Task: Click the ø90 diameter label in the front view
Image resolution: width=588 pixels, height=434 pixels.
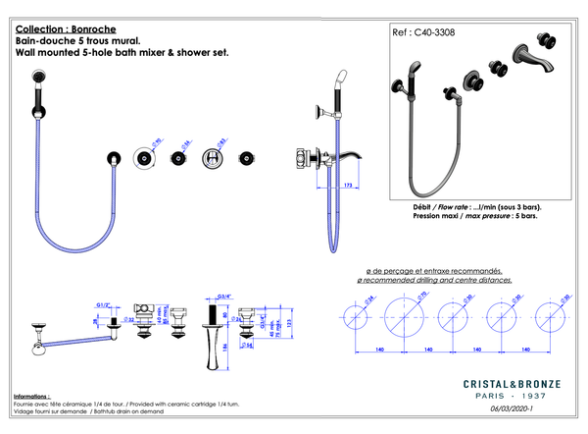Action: point(157,141)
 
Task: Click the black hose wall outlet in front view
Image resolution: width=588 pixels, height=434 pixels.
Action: point(116,158)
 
